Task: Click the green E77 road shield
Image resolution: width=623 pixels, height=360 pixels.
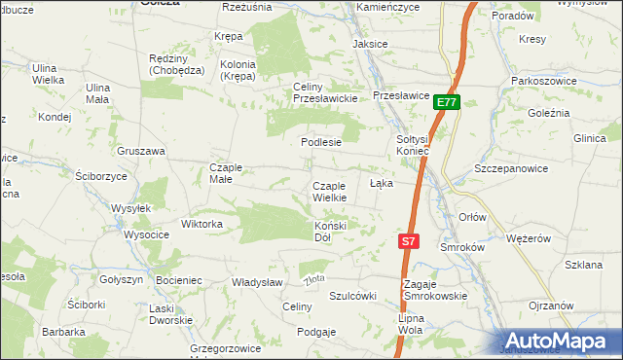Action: coord(447,102)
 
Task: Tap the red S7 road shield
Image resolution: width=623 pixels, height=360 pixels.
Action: coord(409,240)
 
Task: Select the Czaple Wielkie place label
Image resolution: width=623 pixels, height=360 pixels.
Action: coord(329,192)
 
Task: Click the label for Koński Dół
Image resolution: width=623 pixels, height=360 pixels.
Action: coord(330,232)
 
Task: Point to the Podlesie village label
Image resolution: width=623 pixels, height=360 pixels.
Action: coord(320,141)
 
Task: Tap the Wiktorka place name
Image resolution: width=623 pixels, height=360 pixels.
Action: coord(202,224)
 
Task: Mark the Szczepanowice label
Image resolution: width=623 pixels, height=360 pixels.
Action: coord(511,168)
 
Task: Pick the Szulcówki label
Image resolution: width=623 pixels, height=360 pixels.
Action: coord(352,296)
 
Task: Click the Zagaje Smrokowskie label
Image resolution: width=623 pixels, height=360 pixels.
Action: coord(434,290)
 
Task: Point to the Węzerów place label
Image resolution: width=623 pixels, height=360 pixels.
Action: coord(530,238)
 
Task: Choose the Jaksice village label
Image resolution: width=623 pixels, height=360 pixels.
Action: coord(370,45)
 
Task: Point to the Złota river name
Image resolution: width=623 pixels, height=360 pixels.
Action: coord(313,280)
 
